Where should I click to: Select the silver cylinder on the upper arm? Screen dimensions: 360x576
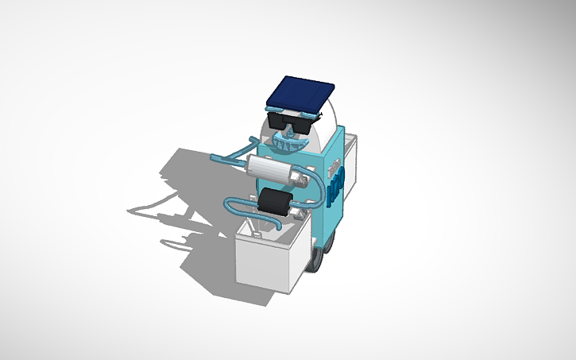(270, 168)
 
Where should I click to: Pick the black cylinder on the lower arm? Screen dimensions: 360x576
(274, 203)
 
